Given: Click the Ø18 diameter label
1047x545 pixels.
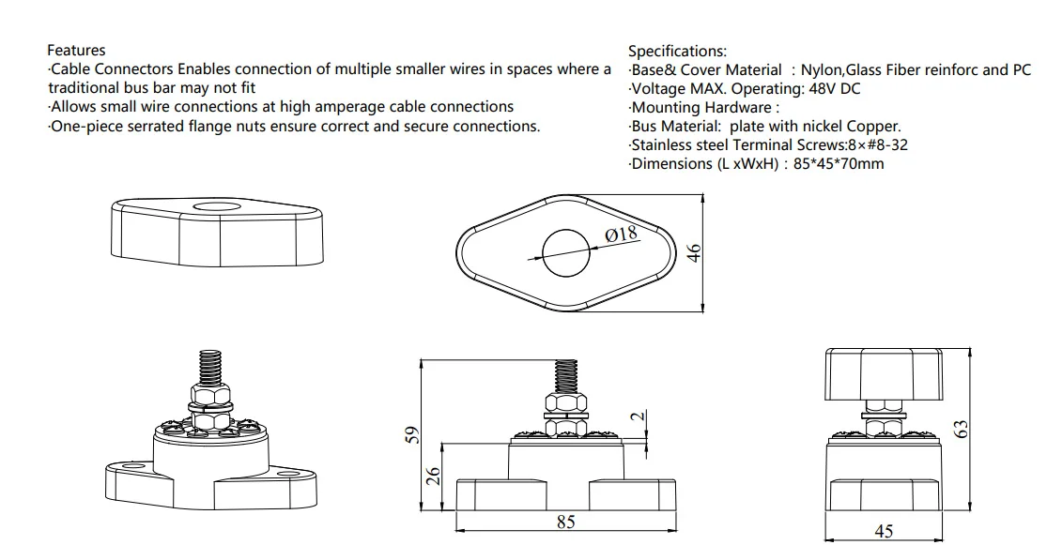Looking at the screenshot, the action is pyautogui.click(x=622, y=233).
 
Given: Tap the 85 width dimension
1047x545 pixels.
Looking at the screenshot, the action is pyautogui.click(x=565, y=522).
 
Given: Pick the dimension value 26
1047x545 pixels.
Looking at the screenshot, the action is pyautogui.click(x=433, y=477).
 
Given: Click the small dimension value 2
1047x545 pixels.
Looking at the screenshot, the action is pyautogui.click(x=637, y=416).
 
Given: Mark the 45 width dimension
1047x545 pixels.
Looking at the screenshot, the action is pyautogui.click(x=884, y=531).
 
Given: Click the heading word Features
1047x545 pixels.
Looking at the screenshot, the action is pyautogui.click(x=76, y=51).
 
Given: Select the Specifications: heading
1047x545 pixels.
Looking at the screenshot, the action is pyautogui.click(x=677, y=52).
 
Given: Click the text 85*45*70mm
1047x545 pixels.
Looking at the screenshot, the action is pyautogui.click(x=839, y=164).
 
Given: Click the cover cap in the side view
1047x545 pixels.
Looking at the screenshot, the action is pyautogui.click(x=884, y=375).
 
